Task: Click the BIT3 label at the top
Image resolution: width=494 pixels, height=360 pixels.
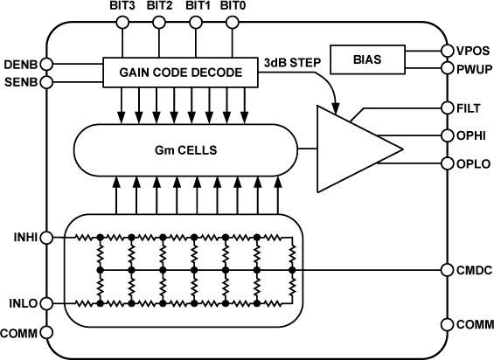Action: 122,7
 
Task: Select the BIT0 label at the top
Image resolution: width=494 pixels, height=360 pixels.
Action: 233,7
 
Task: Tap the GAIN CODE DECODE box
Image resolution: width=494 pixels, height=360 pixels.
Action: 182,73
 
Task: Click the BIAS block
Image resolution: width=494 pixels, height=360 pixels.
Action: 368,59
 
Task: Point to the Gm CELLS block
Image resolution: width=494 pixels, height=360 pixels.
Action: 184,149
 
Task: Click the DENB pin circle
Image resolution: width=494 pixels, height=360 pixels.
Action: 49,63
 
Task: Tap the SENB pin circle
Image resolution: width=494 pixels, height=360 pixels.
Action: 49,82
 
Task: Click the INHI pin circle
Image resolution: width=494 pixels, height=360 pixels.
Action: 49,237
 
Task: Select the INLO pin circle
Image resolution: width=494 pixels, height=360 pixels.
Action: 49,303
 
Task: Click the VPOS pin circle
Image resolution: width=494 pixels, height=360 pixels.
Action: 446,52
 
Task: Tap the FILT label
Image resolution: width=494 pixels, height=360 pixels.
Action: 470,108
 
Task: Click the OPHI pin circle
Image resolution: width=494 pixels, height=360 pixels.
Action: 446,135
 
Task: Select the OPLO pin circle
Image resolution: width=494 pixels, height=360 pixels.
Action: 446,163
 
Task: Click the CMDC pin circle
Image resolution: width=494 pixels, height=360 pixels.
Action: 446,270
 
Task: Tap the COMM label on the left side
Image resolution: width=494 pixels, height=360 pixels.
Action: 18,333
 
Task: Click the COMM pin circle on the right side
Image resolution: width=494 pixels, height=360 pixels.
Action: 446,324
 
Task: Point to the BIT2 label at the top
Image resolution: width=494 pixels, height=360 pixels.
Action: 159,7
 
